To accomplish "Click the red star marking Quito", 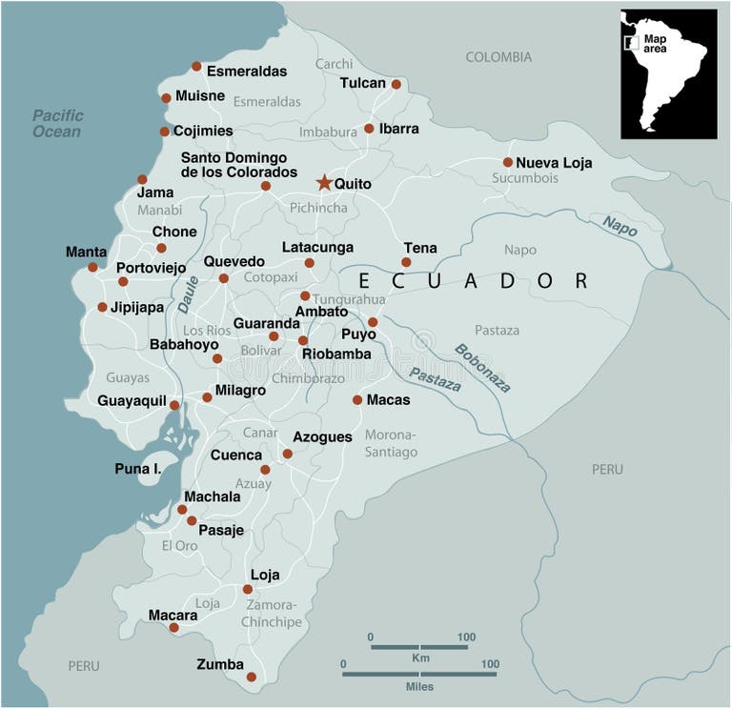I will coord(324,182).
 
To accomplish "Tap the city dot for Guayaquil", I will coord(174,405).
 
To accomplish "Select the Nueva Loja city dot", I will coord(508,162).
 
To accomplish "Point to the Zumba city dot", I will coord(252,677).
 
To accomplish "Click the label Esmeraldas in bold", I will coord(247,71).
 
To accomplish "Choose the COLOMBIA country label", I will coord(498,57).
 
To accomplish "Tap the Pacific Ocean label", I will coord(58,124).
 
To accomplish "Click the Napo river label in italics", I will coord(620,225).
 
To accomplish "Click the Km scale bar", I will coord(418,647).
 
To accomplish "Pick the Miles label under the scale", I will coord(418,686).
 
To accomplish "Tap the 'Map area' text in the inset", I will coord(656,43).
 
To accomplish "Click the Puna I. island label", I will coord(137,468).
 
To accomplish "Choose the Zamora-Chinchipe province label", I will coord(273,614).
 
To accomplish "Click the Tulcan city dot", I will coord(396,84).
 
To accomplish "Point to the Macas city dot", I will coord(357,400).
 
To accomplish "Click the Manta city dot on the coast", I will coord(92,267).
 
